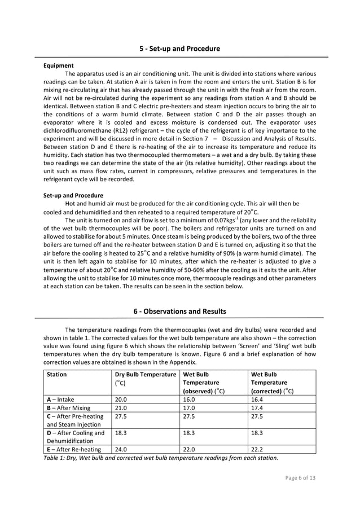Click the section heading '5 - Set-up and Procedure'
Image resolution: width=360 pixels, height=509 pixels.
(180, 49)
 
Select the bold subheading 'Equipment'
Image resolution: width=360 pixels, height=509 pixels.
(58, 65)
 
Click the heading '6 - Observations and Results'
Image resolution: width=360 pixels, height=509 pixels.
(180, 311)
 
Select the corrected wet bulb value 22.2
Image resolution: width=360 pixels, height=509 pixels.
(258, 450)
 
